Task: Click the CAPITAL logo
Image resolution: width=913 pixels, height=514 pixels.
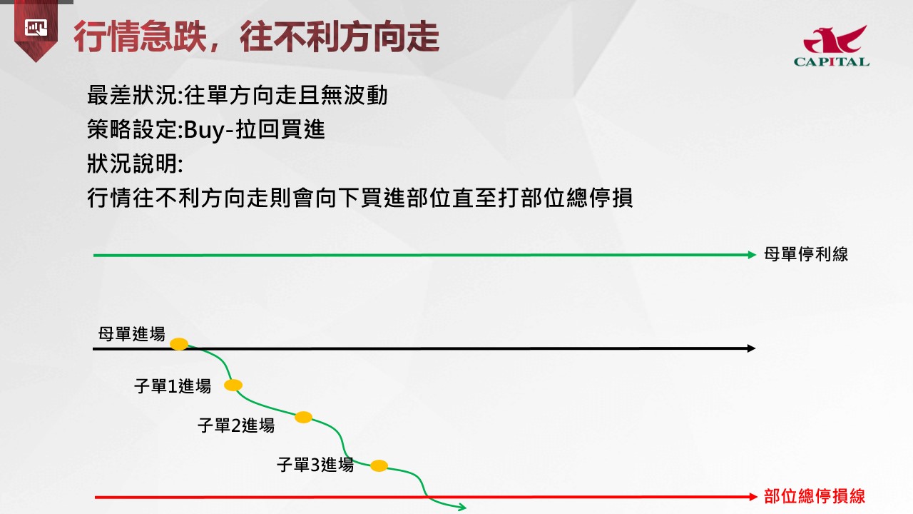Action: click(832, 46)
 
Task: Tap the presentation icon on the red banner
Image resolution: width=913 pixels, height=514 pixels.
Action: click(36, 28)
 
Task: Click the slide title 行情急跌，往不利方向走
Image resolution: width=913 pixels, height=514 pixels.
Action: click(256, 36)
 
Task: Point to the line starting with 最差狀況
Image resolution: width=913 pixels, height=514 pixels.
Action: click(238, 96)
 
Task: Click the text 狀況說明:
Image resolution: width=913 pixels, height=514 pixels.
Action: click(135, 164)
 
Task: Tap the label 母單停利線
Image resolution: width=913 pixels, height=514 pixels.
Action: click(806, 254)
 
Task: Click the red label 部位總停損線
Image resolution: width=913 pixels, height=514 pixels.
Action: click(815, 496)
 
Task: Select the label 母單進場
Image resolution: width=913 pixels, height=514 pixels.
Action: click(132, 334)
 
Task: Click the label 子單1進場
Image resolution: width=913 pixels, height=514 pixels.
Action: click(173, 386)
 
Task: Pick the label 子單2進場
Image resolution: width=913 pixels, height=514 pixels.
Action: click(236, 425)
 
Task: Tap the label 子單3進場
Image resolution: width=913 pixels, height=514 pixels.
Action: click(315, 465)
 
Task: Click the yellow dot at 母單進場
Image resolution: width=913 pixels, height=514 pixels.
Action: click(179, 344)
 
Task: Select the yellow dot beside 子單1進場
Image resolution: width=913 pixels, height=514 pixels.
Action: click(233, 385)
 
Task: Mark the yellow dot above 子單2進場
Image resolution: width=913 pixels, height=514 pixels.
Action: click(303, 418)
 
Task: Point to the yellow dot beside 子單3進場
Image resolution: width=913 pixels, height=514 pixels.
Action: click(379, 465)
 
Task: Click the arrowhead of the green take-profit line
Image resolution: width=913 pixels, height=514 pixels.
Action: click(752, 255)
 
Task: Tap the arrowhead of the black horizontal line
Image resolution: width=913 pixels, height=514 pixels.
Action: click(751, 348)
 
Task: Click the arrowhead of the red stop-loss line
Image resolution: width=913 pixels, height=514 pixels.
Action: click(753, 497)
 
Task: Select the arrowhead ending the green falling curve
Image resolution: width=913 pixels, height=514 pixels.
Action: click(462, 508)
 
